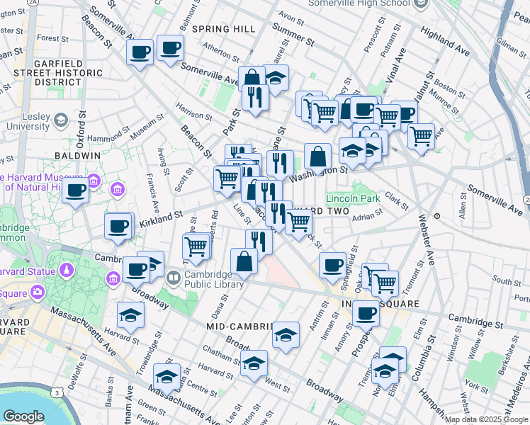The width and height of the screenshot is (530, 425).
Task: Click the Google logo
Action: click(x=23, y=416)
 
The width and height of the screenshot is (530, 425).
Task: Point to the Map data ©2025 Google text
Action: click(x=486, y=419)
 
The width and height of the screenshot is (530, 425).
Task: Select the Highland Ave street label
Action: click(x=444, y=42)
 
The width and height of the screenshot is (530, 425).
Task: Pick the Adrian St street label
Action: click(x=367, y=215)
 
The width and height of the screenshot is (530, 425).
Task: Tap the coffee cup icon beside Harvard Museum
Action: click(x=75, y=189)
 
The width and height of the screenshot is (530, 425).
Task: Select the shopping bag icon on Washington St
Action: click(x=318, y=156)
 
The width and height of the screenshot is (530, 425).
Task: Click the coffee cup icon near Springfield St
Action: click(x=332, y=265)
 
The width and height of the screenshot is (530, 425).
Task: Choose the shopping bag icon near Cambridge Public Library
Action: click(x=244, y=261)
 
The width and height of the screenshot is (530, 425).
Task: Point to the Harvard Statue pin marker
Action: click(x=66, y=270)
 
